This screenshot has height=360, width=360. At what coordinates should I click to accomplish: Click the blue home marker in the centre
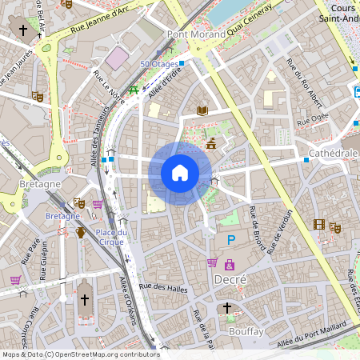[x=180, y=172]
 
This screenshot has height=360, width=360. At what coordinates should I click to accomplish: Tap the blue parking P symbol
[x=231, y=239]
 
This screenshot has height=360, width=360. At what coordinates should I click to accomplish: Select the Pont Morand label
[x=192, y=34]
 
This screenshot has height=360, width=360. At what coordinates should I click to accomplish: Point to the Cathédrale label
[x=332, y=152]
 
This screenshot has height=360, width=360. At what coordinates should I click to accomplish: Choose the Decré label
[x=230, y=279]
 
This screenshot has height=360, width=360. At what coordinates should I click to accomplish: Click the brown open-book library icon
[x=202, y=110]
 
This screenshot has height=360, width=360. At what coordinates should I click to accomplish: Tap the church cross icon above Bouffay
[x=226, y=307]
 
